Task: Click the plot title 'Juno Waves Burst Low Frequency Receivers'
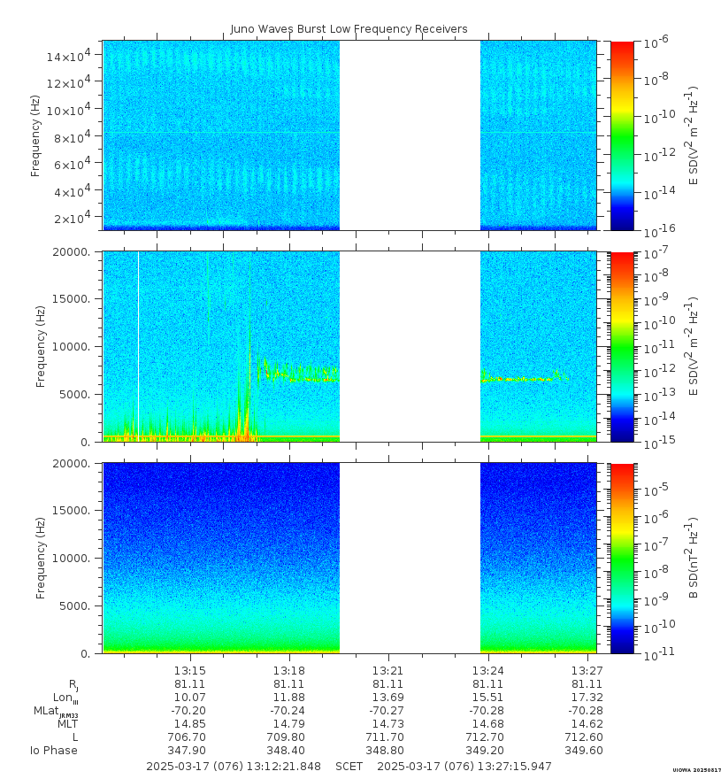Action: click(x=349, y=29)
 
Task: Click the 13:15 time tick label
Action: click(x=189, y=671)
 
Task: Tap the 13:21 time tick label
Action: click(x=387, y=671)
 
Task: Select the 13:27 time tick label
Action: click(x=587, y=671)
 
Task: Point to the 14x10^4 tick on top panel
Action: click(x=73, y=57)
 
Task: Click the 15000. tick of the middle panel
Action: click(x=75, y=299)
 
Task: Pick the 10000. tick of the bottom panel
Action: click(x=75, y=559)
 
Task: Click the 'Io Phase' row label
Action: click(x=54, y=751)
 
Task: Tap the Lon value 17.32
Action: click(x=587, y=698)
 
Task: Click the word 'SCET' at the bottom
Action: click(x=349, y=766)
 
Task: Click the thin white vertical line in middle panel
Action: click(x=138, y=345)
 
